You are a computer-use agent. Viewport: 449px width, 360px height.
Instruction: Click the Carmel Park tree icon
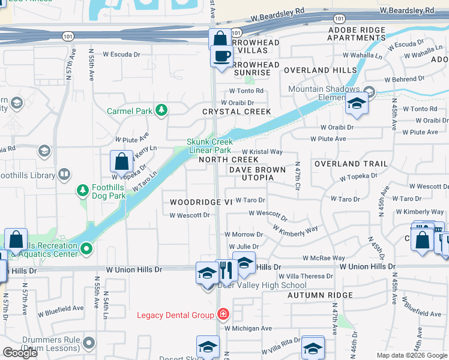coord(161,110)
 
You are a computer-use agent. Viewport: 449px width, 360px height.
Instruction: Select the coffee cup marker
coord(221,57)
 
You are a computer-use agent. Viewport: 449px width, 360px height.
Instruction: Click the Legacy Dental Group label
coord(175,315)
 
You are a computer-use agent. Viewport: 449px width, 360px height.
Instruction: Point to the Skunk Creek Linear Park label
coord(209,146)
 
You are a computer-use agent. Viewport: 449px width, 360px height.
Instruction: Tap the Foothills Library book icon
coord(64,175)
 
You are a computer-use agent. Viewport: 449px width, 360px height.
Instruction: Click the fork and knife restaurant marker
coord(226,271)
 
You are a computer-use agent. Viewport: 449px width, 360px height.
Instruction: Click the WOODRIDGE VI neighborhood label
coord(200,202)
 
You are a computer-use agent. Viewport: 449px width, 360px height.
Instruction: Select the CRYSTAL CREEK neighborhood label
coord(237,112)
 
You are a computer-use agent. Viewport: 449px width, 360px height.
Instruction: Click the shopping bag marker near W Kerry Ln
coord(122,163)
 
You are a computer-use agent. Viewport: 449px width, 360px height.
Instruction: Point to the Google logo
coord(20,353)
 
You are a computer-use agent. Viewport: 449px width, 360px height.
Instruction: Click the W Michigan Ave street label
coord(248,328)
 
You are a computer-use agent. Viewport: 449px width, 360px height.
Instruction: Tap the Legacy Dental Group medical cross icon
coord(223,314)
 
